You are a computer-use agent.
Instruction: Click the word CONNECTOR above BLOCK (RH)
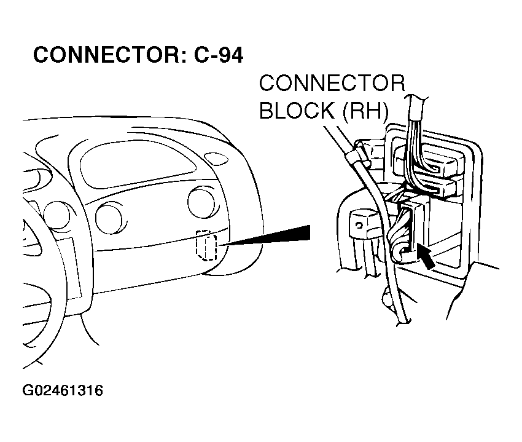[x=332, y=84]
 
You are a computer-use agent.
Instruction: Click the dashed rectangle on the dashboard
[x=205, y=245]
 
